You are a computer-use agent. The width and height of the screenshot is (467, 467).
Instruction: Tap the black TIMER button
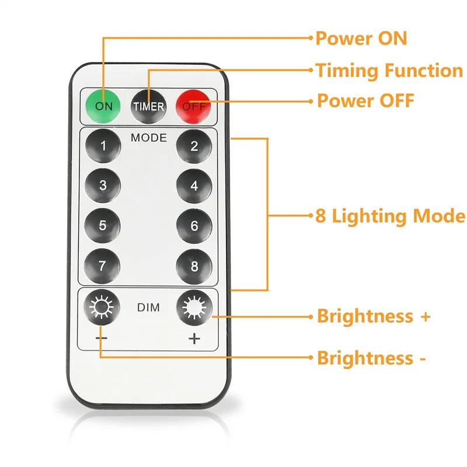[148, 106]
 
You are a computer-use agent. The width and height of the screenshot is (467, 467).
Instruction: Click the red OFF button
[194, 106]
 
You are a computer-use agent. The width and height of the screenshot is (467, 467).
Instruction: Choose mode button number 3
[103, 186]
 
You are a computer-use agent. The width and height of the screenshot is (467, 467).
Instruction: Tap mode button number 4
[194, 186]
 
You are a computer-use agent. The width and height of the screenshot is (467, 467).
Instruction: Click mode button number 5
[103, 226]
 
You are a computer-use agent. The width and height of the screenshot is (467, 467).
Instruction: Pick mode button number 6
[194, 226]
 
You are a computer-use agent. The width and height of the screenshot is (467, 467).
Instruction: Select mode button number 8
[194, 266]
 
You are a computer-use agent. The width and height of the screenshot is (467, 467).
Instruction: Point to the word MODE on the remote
[148, 138]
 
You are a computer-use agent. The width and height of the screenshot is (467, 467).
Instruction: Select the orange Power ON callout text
[361, 39]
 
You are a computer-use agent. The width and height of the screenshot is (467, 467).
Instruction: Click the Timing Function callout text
[389, 71]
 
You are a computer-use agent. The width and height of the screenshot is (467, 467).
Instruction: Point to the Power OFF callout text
[365, 100]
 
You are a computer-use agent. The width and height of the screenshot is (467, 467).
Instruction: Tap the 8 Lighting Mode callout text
[390, 216]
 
